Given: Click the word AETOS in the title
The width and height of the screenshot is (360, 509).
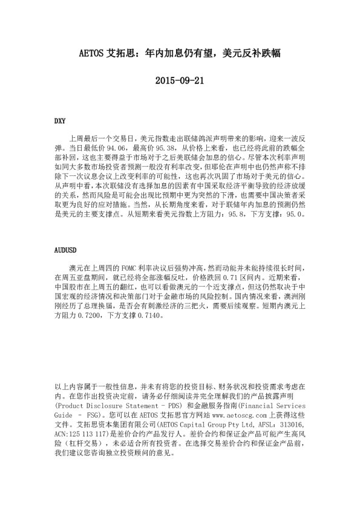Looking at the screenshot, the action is (x=92, y=53).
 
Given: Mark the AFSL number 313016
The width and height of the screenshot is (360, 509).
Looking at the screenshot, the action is (x=292, y=425).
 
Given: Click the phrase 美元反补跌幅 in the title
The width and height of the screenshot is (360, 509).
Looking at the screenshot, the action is (x=249, y=53).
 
